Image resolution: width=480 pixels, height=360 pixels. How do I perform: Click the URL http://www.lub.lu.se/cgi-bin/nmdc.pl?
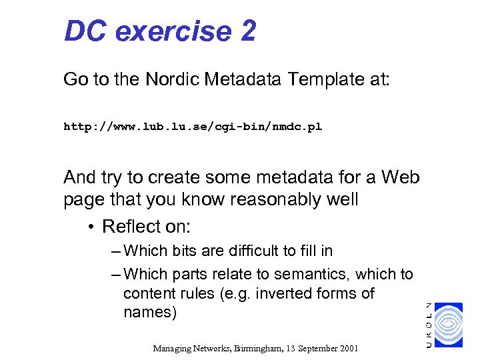coord(192,126)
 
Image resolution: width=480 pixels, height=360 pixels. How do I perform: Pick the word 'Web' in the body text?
coord(400,177)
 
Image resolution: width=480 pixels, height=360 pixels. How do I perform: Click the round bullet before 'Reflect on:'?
coord(90,227)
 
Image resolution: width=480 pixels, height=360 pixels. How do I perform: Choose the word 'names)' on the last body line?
coord(150,313)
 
